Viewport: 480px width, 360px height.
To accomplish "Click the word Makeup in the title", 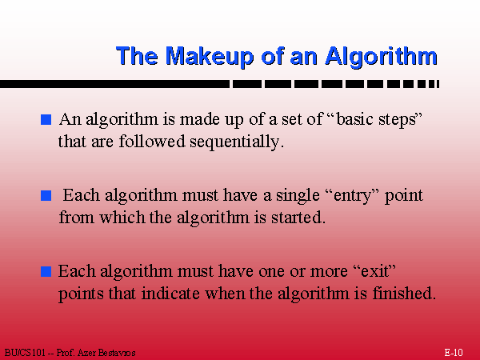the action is coord(210,57).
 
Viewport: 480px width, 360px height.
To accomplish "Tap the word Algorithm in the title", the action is coord(382,56).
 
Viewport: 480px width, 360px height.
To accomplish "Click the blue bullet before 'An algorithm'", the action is coord(46,119).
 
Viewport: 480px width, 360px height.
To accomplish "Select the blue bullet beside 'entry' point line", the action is coord(46,195).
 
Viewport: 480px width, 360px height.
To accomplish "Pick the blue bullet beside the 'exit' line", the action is coord(46,271).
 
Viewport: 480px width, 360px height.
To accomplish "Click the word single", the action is coord(298,196).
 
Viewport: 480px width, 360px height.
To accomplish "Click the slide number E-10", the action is coord(454,353).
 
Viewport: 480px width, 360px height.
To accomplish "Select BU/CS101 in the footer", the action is coord(25,353).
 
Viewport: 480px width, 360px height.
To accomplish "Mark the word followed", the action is coord(152,142).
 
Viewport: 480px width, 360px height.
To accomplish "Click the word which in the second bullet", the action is coord(122,218).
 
